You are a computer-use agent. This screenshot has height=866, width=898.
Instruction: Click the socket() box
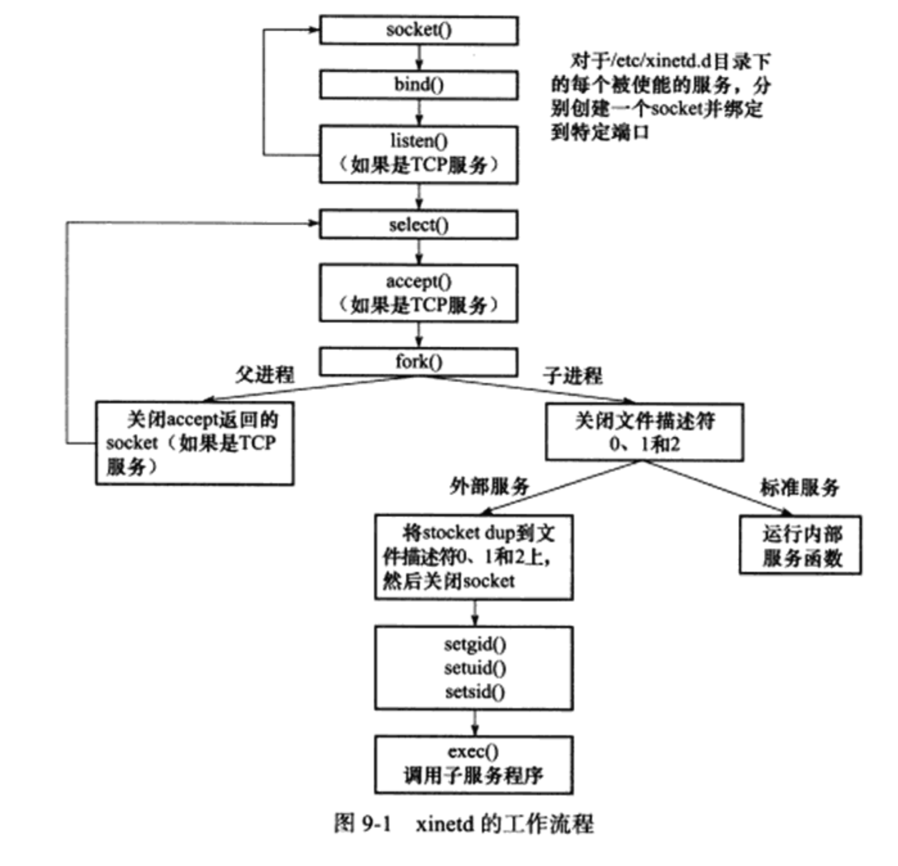419,30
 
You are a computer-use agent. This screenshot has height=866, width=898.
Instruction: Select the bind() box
419,85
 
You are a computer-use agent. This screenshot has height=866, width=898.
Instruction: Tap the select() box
419,224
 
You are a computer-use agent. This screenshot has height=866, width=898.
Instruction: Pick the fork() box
419,362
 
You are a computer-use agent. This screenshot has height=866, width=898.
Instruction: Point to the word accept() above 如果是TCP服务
419,281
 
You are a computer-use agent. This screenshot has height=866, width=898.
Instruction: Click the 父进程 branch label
265,375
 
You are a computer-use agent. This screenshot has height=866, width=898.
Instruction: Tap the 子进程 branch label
573,376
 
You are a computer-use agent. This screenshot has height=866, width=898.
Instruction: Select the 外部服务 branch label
489,486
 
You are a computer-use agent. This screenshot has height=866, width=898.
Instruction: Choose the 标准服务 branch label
800,487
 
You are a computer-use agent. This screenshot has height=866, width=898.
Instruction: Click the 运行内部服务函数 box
800,545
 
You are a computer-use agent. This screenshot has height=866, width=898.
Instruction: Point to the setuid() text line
475,668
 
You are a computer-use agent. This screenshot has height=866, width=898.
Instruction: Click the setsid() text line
475,691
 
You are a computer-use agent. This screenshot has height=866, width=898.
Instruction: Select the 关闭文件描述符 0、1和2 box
644,432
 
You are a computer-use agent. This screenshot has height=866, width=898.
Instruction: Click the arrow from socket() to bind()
419,58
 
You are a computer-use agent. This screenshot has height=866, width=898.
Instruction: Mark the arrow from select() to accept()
419,251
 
